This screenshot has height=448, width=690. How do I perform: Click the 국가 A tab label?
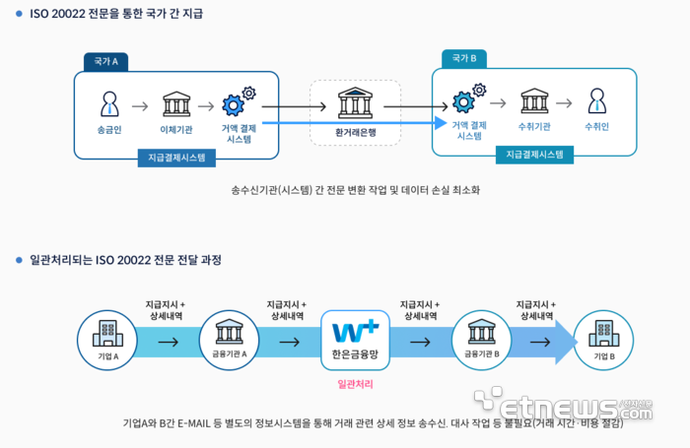point(105,61)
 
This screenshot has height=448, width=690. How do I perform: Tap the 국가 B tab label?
point(463,59)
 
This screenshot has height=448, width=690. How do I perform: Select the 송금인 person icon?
point(109,103)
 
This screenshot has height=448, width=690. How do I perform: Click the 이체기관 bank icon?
point(176,103)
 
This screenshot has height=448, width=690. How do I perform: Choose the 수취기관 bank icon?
point(534,101)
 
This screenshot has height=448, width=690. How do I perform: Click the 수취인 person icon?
point(596,101)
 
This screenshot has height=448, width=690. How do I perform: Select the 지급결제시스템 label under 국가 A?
point(177,158)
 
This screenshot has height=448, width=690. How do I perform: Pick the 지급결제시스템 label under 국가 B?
point(534,155)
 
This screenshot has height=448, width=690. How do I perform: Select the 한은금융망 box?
point(355,341)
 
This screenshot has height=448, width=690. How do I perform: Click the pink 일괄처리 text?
point(355,384)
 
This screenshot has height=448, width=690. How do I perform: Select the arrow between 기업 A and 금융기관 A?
point(169,343)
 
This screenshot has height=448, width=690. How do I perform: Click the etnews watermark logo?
point(567,406)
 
